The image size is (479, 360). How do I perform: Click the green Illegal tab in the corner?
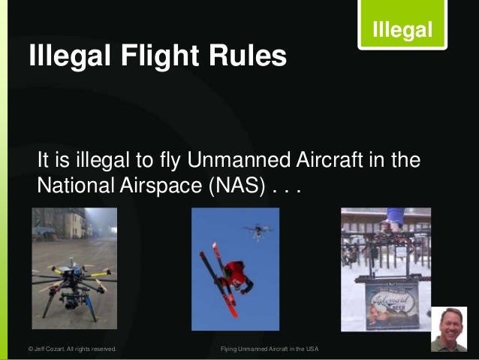pos(402,30)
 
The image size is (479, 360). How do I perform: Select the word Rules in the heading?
pos(248,56)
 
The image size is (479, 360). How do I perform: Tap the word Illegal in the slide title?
pos(66,56)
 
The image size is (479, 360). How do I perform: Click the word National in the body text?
pos(74,185)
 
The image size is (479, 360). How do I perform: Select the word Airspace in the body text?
pos(156,185)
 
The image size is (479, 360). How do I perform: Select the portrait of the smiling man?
pos(450,328)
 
